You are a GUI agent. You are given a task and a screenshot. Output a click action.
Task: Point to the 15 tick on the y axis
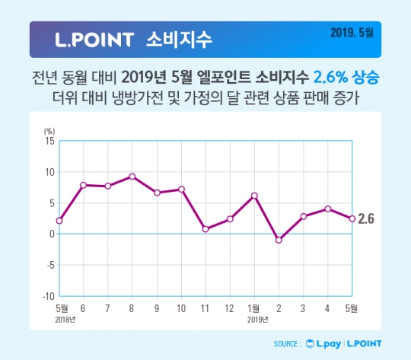49,141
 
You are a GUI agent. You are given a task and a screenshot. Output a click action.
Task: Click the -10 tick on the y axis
47,296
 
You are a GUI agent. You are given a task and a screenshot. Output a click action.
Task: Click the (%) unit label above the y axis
49,131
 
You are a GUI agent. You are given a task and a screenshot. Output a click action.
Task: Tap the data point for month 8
132,177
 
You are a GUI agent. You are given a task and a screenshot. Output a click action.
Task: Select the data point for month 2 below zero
279,240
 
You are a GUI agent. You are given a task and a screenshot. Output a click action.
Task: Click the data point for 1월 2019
254,196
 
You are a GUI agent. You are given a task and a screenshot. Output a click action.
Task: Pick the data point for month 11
205,228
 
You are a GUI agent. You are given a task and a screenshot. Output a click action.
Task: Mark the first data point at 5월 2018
59,221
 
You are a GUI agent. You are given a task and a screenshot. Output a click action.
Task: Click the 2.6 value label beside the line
367,220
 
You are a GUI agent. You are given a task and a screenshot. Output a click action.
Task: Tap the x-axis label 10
181,310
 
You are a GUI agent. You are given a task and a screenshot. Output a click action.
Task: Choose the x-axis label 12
230,310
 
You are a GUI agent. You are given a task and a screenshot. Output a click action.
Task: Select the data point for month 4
327,209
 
